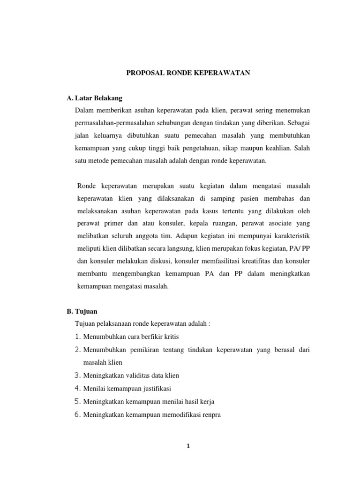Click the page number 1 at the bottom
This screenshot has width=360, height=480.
[187, 446]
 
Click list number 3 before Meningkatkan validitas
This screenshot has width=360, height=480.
[78, 375]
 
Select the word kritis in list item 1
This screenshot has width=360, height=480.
[170, 337]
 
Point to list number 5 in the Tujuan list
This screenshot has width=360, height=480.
[78, 401]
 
